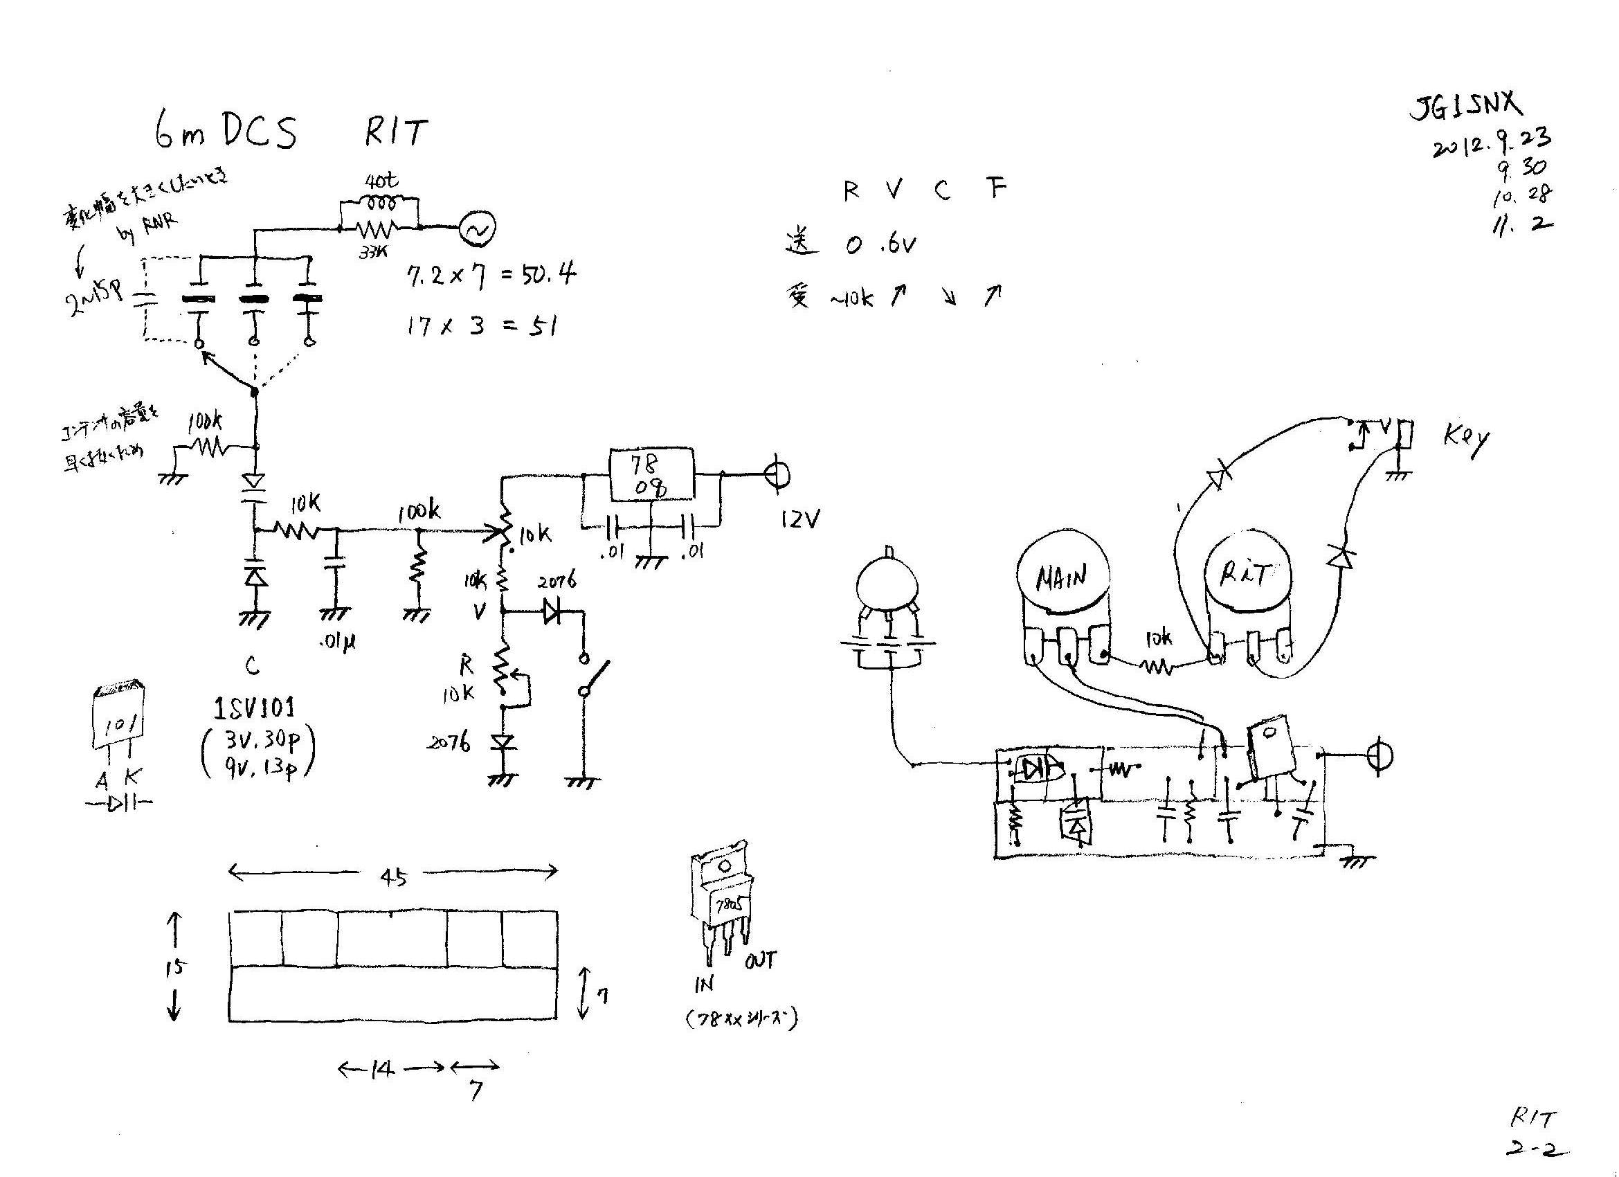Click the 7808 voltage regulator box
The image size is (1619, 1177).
tap(651, 475)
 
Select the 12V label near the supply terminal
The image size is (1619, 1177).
tap(800, 520)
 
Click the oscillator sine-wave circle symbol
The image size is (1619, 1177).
tap(477, 228)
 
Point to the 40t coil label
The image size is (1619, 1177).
tap(381, 181)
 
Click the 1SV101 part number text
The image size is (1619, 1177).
tap(254, 708)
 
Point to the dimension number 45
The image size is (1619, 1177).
tap(393, 877)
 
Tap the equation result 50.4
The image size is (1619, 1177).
tap(549, 274)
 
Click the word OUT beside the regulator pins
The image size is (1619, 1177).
tap(761, 960)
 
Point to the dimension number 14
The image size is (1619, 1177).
tap(383, 1069)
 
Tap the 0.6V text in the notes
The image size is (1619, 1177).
tap(882, 245)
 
